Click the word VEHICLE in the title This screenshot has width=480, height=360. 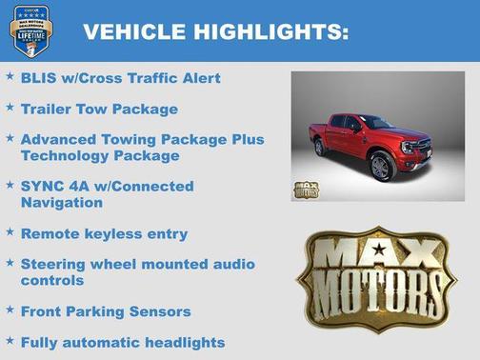[x=131, y=31]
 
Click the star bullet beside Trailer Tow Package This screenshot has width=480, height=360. [x=10, y=108]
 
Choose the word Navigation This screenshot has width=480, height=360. [x=64, y=202]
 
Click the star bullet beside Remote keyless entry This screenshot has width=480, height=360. [x=10, y=231]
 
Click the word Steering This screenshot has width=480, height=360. [x=56, y=264]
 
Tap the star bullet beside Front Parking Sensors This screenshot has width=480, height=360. [x=10, y=309]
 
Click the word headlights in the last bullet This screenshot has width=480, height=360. [x=178, y=341]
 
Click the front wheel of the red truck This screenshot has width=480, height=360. [x=381, y=168]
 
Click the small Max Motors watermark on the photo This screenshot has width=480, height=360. [x=306, y=189]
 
